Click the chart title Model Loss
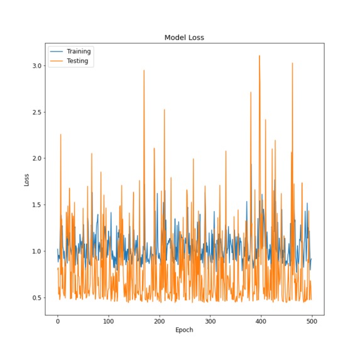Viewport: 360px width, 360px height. pyautogui.click(x=184, y=38)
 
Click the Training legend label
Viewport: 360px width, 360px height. pyautogui.click(x=79, y=52)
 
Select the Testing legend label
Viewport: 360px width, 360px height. pyautogui.click(x=79, y=61)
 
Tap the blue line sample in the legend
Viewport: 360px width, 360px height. pyautogui.click(x=57, y=52)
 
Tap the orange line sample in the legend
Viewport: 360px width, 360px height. pyautogui.click(x=57, y=61)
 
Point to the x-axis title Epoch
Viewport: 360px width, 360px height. pyautogui.click(x=184, y=329)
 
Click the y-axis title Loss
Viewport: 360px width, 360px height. pyautogui.click(x=27, y=180)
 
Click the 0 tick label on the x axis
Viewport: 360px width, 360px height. pyautogui.click(x=58, y=319)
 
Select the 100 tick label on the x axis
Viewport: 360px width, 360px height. pyautogui.click(x=109, y=319)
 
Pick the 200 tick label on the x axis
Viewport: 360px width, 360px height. pyautogui.click(x=160, y=319)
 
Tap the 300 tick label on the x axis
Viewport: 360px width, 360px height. pyautogui.click(x=210, y=319)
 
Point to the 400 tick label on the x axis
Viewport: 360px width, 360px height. pyautogui.click(x=261, y=319)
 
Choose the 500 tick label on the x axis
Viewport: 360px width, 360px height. pyautogui.click(x=312, y=319)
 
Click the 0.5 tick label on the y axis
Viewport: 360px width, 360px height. pyautogui.click(x=37, y=298)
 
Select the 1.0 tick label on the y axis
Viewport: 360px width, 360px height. pyautogui.click(x=37, y=251)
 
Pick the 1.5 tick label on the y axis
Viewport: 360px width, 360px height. pyautogui.click(x=37, y=205)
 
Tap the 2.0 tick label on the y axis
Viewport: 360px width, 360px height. pyautogui.click(x=37, y=158)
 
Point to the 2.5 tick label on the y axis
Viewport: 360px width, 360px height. pyautogui.click(x=37, y=112)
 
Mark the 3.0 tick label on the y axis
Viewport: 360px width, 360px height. pyautogui.click(x=37, y=66)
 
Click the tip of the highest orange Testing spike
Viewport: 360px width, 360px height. pyautogui.click(x=259, y=55)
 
